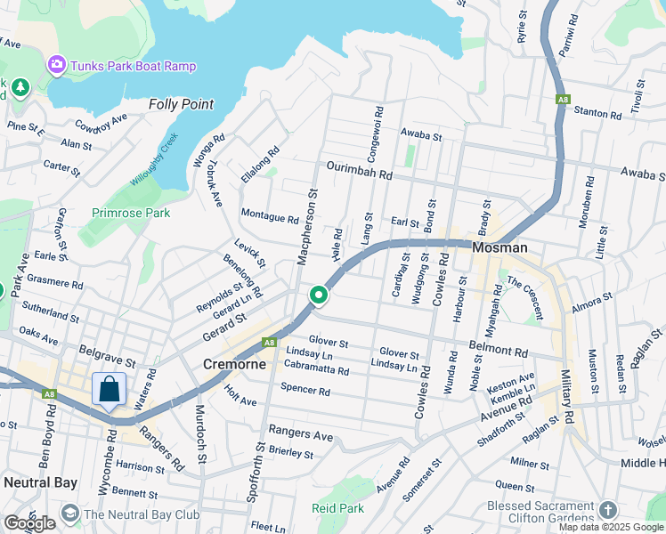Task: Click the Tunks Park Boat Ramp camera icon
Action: point(57,64)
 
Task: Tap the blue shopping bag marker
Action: point(109,389)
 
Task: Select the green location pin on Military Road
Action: point(318,295)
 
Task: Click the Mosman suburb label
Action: point(499,248)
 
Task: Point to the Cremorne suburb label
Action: point(233,364)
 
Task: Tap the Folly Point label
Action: point(182,104)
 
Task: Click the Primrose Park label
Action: point(131,214)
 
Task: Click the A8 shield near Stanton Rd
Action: point(562,100)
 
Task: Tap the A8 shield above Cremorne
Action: point(269,343)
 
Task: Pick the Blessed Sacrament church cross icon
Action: point(608,510)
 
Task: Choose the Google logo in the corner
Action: point(29,523)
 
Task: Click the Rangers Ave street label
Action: point(304,435)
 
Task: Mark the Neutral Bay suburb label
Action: point(41,482)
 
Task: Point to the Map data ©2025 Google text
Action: point(612,527)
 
